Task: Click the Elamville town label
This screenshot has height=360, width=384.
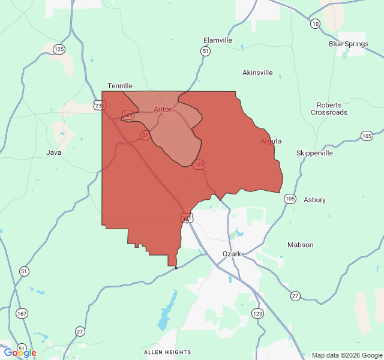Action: click(218, 40)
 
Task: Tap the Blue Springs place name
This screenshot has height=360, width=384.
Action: click(347, 44)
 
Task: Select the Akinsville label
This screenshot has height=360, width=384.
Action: click(257, 73)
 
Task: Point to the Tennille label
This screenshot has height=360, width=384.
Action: click(119, 86)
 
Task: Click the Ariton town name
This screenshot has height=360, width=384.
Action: click(163, 109)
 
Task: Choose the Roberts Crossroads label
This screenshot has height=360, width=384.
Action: click(329, 109)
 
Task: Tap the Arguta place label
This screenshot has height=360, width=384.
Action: click(271, 141)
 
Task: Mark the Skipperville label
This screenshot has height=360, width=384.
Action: click(314, 153)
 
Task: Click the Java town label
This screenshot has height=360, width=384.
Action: click(54, 152)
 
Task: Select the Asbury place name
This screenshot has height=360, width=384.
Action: click(314, 200)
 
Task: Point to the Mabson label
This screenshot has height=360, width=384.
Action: click(300, 245)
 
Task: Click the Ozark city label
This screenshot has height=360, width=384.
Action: click(232, 254)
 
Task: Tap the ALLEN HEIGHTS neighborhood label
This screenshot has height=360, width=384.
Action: click(167, 352)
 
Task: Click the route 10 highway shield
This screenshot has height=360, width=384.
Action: click(315, 24)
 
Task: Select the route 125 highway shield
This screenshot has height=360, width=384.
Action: click(59, 49)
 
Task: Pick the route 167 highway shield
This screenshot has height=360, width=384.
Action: click(22, 314)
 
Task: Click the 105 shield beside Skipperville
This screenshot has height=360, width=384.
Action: click(367, 136)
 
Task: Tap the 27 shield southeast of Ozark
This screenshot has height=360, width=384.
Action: click(295, 296)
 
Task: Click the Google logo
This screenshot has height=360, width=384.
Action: click(20, 353)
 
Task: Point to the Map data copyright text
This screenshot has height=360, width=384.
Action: click(346, 355)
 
